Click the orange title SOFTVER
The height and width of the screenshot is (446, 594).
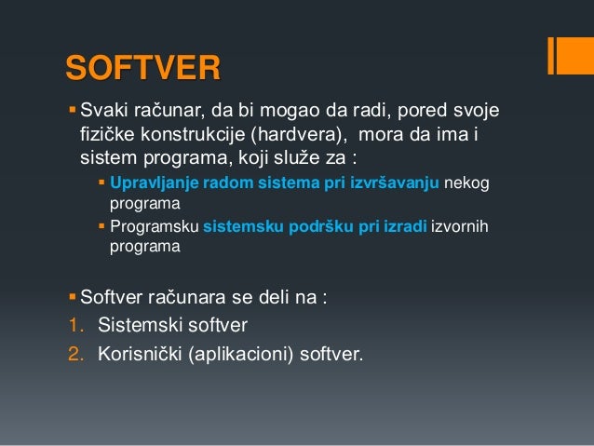142,70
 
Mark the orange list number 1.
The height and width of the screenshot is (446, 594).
74,326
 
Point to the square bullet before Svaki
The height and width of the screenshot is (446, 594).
74,113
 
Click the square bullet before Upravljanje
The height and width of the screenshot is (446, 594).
102,181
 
